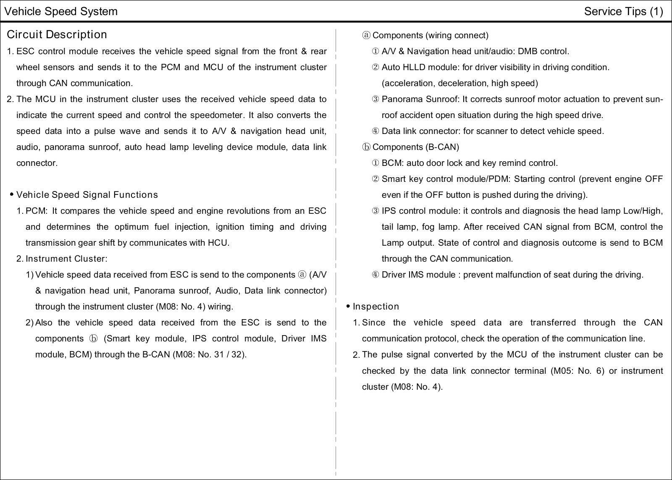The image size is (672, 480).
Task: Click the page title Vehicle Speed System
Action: (61, 11)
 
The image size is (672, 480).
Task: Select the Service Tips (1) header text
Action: (623, 11)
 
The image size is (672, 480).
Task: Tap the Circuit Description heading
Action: (57, 34)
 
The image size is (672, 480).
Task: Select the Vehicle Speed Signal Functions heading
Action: (87, 195)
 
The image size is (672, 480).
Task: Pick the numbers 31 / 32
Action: (229, 354)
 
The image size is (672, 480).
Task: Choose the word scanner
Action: (489, 131)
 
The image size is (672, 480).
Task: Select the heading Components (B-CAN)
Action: (415, 147)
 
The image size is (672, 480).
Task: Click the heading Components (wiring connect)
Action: (430, 35)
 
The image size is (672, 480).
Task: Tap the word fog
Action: (428, 227)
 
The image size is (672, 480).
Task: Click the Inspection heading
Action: (376, 307)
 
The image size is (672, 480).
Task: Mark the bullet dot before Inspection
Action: (348, 307)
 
